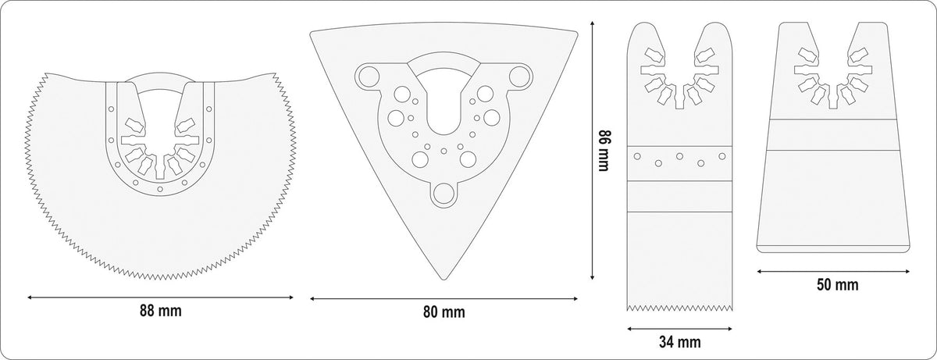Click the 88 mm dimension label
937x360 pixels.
tap(161, 311)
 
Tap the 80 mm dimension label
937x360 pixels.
tap(444, 312)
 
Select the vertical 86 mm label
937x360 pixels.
tap(604, 151)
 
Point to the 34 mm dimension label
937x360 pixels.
tap(680, 342)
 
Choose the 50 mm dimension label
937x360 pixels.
tap(837, 285)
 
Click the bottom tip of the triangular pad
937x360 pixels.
tap(444, 280)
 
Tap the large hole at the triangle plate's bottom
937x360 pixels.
tap(444, 194)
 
